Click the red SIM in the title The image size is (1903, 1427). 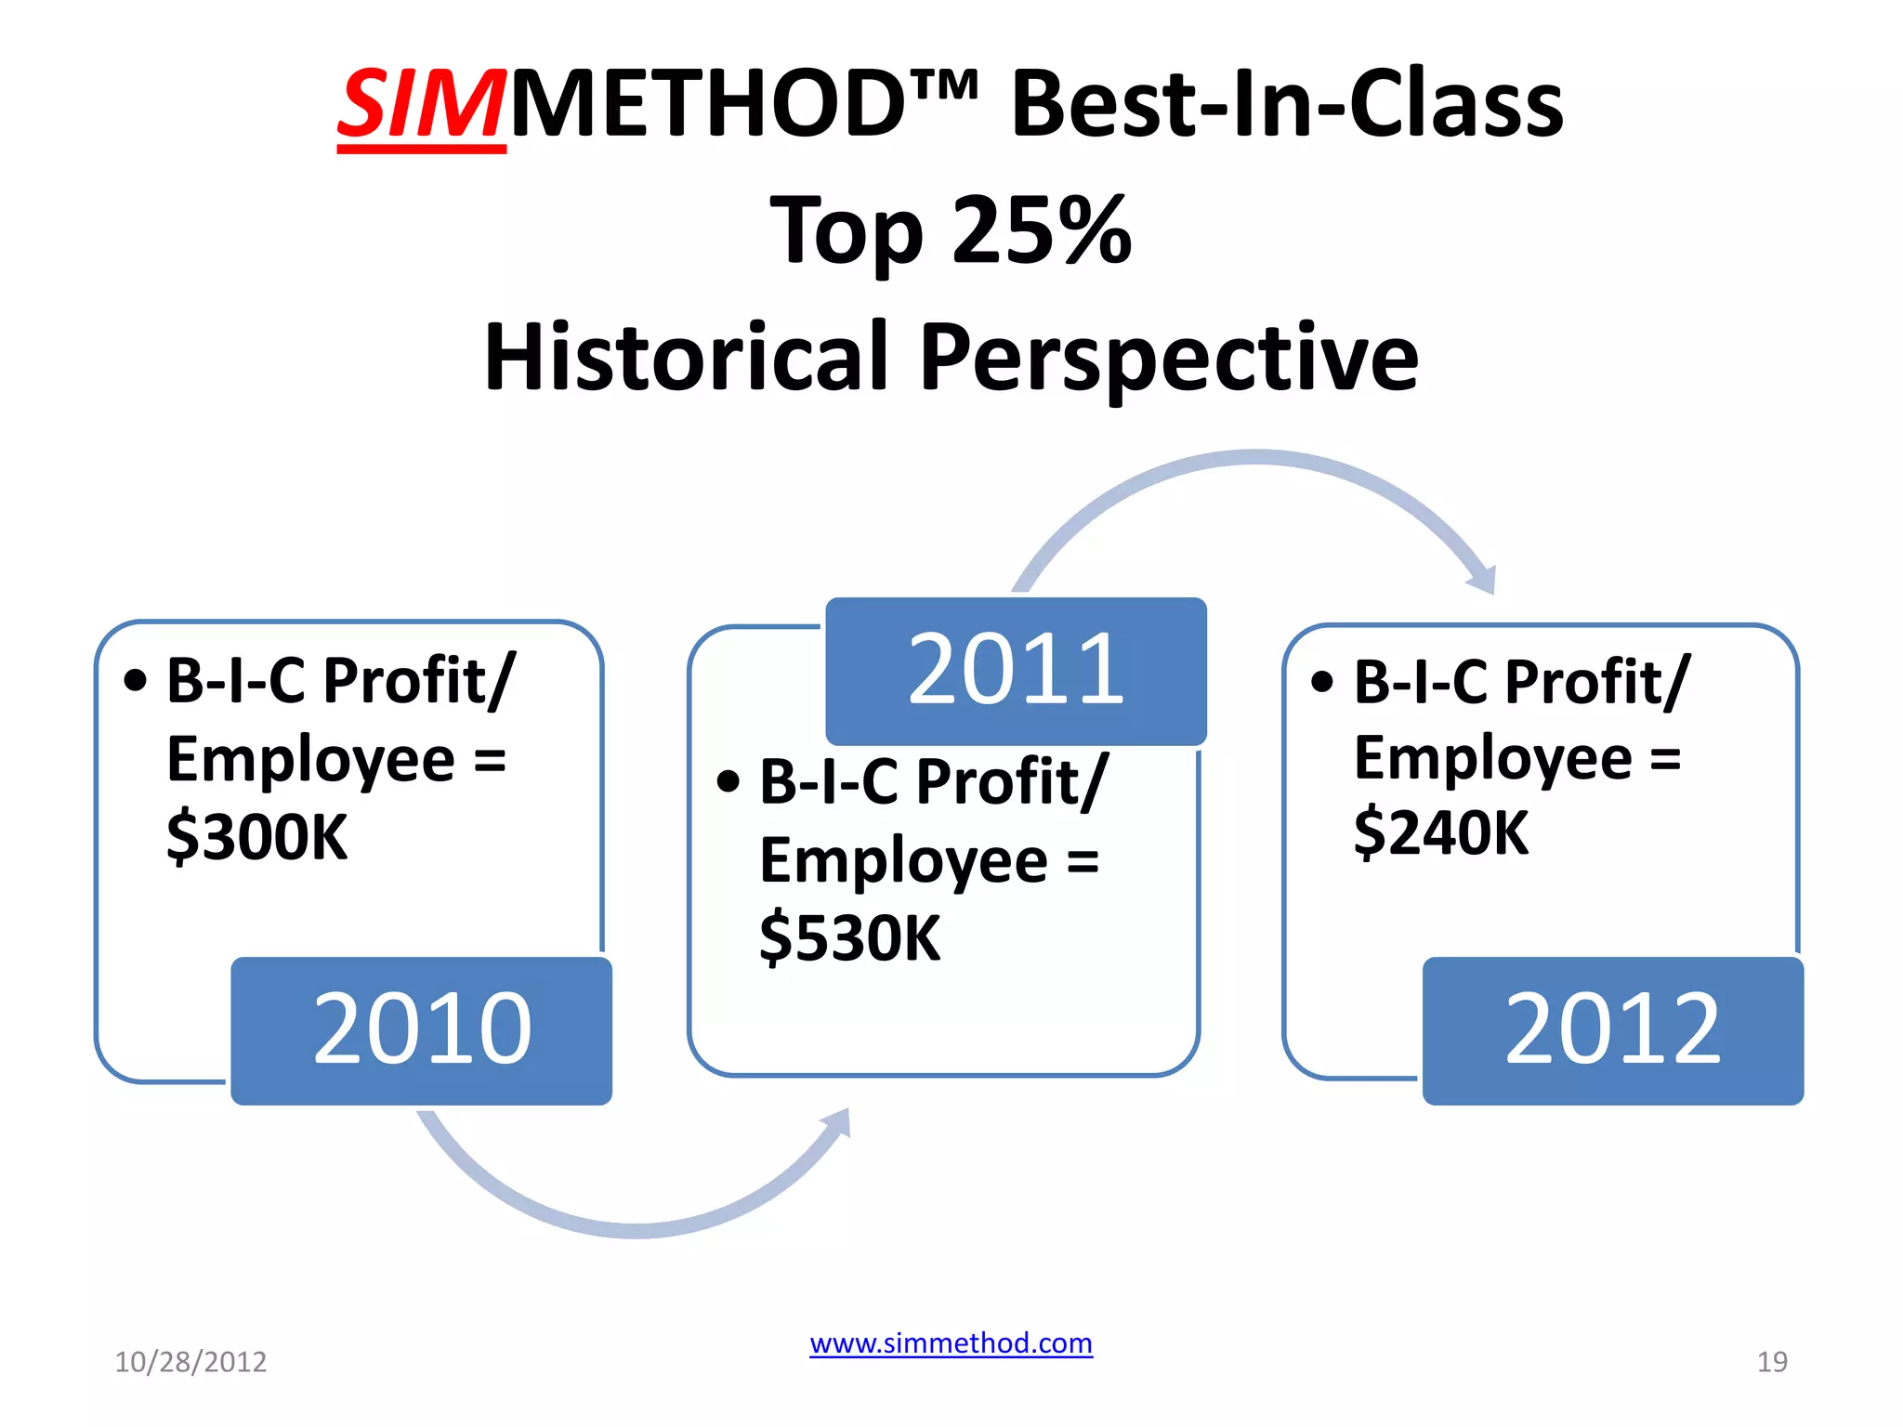[x=421, y=104]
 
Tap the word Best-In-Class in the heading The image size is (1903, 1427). [x=1287, y=104]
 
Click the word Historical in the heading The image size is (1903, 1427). [x=686, y=358]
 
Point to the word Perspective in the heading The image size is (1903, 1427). [x=1169, y=358]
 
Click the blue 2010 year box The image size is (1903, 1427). [x=421, y=1029]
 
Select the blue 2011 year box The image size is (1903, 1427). [x=1016, y=670]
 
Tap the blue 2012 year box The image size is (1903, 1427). [x=1612, y=1029]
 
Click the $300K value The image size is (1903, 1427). [x=257, y=837]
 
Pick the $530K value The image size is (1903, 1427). [x=850, y=938]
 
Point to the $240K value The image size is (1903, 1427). [x=1440, y=833]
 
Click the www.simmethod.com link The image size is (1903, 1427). [x=951, y=1343]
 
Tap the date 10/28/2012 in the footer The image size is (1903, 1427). [x=190, y=1362]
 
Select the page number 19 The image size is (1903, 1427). [x=1771, y=1362]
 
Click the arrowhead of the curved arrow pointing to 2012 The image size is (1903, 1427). [x=1483, y=581]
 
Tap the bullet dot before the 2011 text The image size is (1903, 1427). [x=728, y=781]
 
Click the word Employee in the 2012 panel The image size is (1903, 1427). [x=1492, y=758]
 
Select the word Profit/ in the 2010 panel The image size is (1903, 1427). [x=419, y=681]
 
